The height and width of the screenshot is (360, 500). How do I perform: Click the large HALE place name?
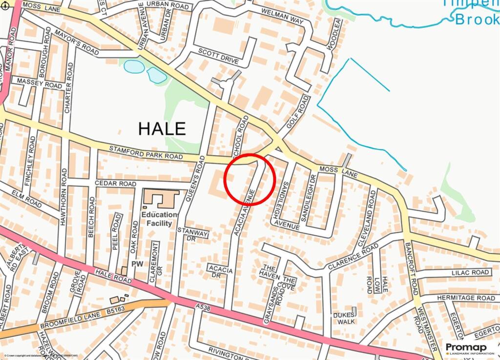pos(162,128)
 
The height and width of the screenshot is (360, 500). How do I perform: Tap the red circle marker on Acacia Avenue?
pos(250,179)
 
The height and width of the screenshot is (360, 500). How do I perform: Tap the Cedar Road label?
pos(115,184)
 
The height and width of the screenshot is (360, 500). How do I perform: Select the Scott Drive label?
pos(218,56)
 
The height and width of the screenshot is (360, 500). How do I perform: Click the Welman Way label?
pos(283,17)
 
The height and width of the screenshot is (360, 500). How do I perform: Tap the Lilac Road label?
pos(470,272)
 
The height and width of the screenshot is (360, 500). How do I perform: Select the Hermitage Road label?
pos(466,298)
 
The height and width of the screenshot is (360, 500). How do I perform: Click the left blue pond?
pos(134,66)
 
